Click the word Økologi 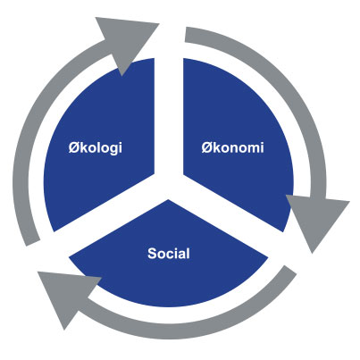tap(96, 148)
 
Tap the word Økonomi tap(232, 147)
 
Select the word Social tap(169, 254)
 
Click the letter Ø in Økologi tap(73, 147)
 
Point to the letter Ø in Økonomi tap(206, 147)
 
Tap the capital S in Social tap(152, 254)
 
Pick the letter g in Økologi tap(113, 149)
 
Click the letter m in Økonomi tap(253, 149)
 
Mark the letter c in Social tap(171, 255)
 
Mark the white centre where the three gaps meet tap(169, 187)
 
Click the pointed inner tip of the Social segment tap(169, 200)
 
